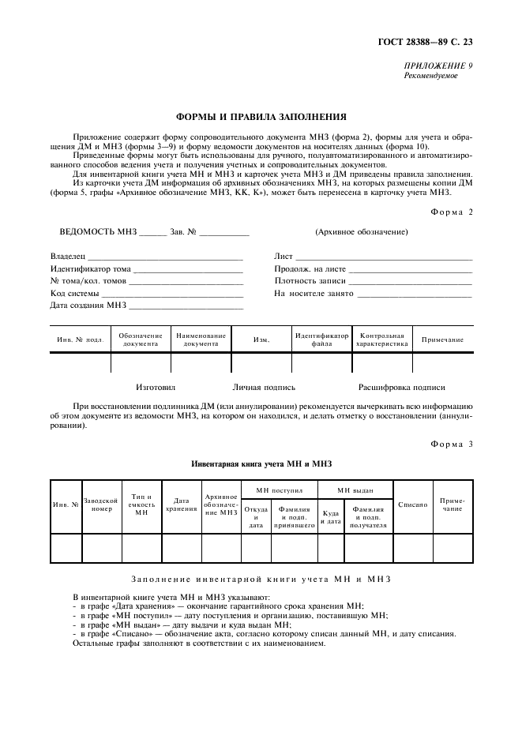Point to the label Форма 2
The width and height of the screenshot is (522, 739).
(452, 211)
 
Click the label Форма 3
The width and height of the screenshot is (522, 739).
(452, 445)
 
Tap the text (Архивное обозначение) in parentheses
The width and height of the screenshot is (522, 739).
(361, 232)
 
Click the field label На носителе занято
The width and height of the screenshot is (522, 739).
(314, 293)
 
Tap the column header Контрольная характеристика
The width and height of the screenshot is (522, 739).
(381, 339)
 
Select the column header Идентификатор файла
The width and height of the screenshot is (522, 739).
(321, 339)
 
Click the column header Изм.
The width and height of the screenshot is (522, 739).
(261, 339)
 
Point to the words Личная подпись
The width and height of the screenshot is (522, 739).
(264, 388)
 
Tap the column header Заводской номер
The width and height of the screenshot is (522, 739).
(102, 505)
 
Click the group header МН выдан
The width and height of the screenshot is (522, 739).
(355, 490)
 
